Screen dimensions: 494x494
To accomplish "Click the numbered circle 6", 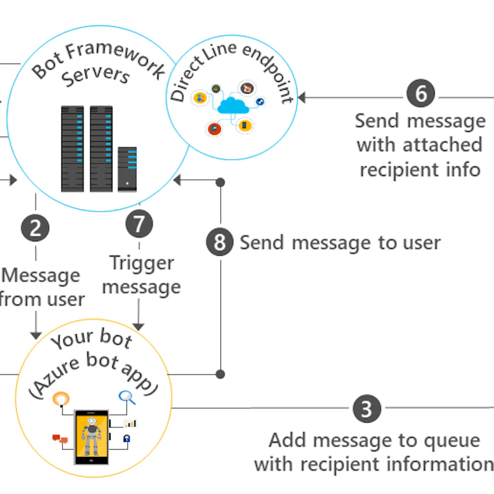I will [421, 94].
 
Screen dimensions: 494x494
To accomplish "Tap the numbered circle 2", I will [35, 228].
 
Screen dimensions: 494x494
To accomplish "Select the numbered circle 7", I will [139, 224].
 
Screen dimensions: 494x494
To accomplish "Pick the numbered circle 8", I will [220, 242].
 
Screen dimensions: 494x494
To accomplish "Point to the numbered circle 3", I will [367, 409].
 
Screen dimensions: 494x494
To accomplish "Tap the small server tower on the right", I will [127, 169].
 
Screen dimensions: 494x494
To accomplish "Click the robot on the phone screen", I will [91, 436].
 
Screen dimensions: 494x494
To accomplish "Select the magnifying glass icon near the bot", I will [127, 397].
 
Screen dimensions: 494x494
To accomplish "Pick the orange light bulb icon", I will [61, 399].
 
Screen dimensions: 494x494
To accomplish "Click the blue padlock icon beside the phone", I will [127, 439].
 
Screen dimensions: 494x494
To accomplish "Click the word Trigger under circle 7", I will [141, 263].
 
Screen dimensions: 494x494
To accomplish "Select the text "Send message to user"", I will [340, 243].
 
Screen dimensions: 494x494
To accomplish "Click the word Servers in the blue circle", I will [96, 77].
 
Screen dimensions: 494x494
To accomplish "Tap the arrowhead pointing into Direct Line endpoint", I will [302, 98].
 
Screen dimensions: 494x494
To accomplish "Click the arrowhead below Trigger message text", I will [139, 327].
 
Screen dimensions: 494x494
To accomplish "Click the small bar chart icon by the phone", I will [130, 424].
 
